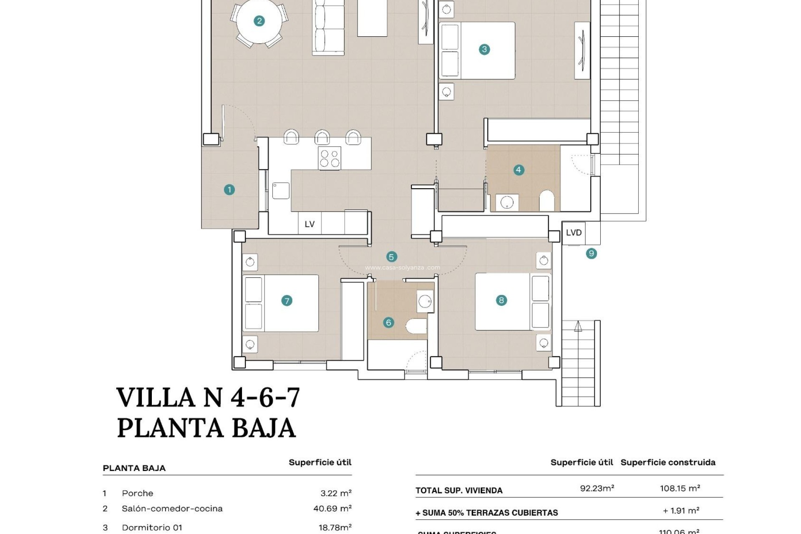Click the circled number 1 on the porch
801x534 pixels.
[229, 190]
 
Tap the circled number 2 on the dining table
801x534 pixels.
[259, 21]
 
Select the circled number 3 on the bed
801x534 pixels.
[484, 49]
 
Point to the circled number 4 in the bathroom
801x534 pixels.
[518, 170]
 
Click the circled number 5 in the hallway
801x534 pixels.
[391, 257]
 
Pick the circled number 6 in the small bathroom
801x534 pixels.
[388, 322]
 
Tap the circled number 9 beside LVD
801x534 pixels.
[591, 253]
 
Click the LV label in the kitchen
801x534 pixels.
[309, 224]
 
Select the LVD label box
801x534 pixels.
[574, 233]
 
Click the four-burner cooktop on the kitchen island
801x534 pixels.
[329, 158]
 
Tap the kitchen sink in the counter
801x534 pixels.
[281, 190]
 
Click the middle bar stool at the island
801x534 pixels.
[322, 137]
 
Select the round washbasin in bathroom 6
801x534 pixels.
[425, 301]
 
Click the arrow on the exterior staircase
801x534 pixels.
[578, 326]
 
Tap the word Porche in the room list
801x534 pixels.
[137, 493]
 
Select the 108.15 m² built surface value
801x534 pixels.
[680, 488]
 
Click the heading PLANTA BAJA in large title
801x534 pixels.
[207, 428]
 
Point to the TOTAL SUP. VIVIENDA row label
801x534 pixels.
[459, 491]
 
